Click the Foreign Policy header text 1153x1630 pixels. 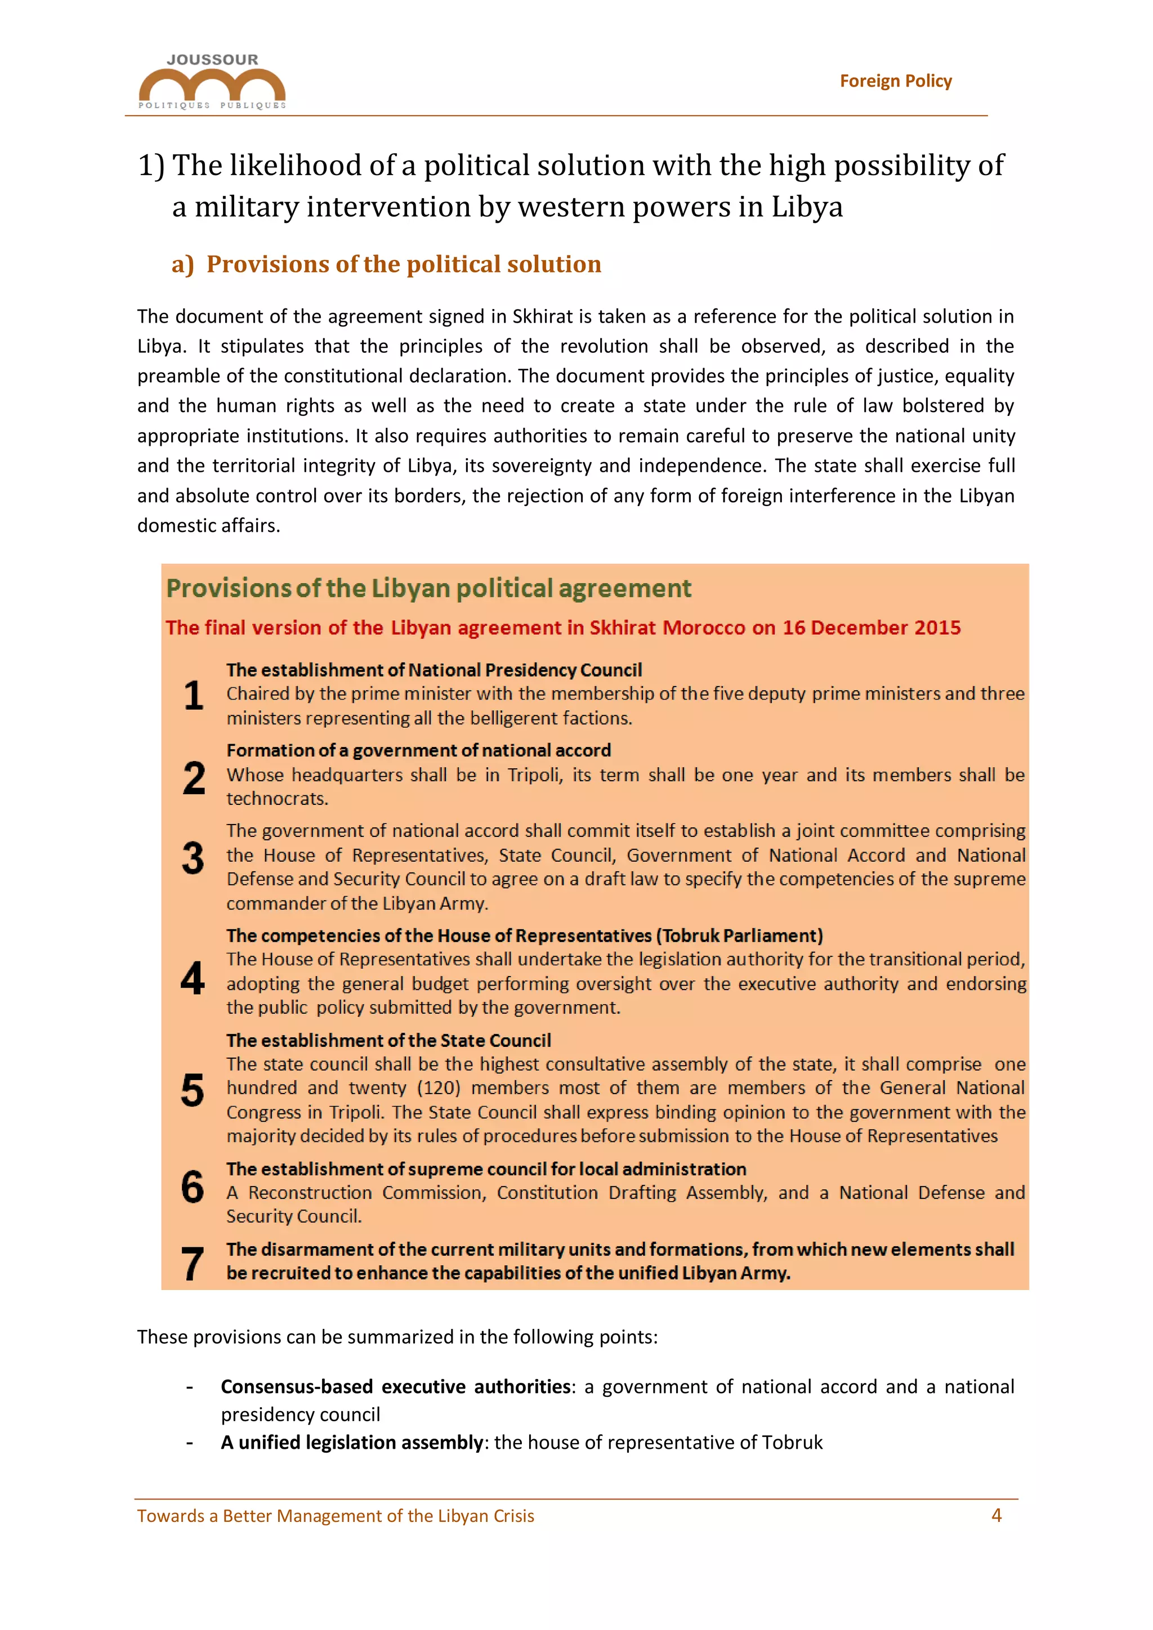(x=895, y=81)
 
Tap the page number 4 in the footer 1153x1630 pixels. (x=996, y=1515)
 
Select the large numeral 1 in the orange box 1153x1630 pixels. (x=193, y=695)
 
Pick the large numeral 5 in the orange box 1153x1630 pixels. (x=193, y=1090)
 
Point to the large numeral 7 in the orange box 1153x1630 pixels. (x=193, y=1264)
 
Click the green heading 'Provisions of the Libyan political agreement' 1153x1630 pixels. (x=428, y=589)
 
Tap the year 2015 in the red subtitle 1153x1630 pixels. (x=937, y=628)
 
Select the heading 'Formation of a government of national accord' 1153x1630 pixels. (x=418, y=750)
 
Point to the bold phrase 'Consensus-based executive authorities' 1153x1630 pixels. (x=395, y=1386)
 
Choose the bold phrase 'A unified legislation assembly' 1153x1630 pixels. (x=351, y=1442)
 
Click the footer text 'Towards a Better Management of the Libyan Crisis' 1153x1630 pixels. (x=335, y=1516)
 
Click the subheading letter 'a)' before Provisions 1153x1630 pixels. (x=182, y=264)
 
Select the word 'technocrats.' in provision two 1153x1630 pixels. (x=277, y=799)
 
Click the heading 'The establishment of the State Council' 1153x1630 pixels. (x=388, y=1041)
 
